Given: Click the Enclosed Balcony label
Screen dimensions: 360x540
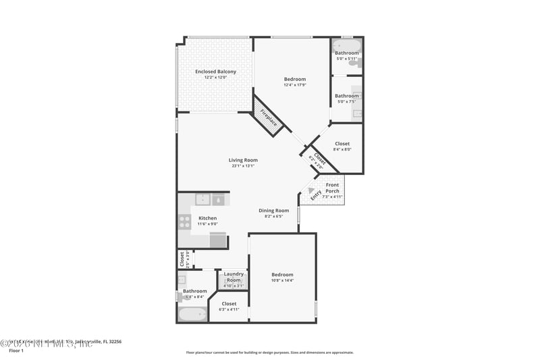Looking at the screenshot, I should click(216, 72).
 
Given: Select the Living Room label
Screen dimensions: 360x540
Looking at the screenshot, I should click(243, 160).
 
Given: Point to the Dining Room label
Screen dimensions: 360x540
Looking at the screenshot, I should click(274, 211).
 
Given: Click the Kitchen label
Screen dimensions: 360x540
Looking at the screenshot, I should click(207, 218).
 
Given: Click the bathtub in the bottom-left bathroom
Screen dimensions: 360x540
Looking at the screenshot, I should click(192, 314).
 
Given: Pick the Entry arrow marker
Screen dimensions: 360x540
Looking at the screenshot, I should click(311, 191).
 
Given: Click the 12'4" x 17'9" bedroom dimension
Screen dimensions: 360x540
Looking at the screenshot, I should click(295, 85).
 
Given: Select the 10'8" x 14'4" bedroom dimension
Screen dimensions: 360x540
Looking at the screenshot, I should click(282, 280).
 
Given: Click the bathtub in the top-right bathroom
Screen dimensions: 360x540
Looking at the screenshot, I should click(347, 45).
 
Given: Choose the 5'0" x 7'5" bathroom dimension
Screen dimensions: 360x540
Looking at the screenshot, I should click(347, 101).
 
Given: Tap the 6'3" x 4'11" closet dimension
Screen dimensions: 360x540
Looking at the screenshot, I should click(229, 309).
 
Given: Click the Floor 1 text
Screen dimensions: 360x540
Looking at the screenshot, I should click(16, 351).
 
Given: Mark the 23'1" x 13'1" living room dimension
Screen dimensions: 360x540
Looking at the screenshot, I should click(243, 165).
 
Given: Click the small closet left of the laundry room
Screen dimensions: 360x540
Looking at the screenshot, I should click(182, 259).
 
